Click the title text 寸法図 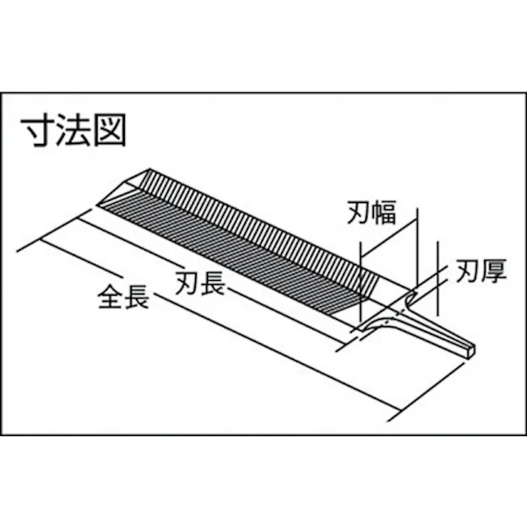[73, 130]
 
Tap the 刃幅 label [371, 212]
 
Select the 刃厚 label [481, 271]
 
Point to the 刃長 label [200, 283]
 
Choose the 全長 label [123, 297]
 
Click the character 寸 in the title [37, 130]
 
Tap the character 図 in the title [109, 130]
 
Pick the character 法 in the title [73, 130]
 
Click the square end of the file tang [471, 349]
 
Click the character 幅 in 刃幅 [384, 212]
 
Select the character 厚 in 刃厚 [494, 271]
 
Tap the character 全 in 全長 [111, 297]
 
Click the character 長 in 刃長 [213, 283]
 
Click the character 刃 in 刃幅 [359, 212]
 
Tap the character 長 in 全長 [137, 297]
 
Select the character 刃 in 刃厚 [468, 271]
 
